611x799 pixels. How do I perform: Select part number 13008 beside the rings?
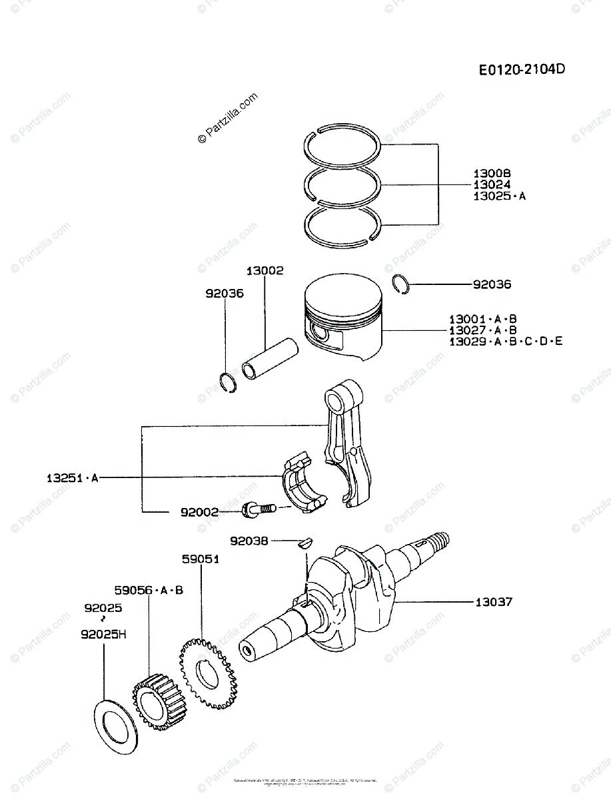(492, 173)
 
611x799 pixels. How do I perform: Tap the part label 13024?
(492, 184)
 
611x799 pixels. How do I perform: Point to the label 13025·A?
(499, 196)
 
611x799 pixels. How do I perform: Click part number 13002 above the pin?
(265, 271)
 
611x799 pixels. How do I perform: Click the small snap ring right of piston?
(401, 283)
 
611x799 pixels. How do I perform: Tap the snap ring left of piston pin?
(229, 384)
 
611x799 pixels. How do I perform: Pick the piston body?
(343, 316)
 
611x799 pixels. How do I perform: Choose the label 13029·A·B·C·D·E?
(506, 342)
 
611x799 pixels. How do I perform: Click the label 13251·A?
(72, 477)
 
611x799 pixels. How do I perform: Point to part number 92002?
(199, 512)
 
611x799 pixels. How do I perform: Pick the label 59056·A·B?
(149, 590)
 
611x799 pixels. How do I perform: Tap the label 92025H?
(103, 635)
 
